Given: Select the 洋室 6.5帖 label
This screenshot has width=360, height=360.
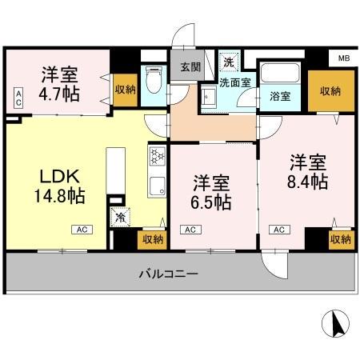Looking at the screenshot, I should pyautogui.click(x=212, y=192).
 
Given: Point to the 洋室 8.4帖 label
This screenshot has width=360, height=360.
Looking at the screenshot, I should pyautogui.click(x=308, y=170).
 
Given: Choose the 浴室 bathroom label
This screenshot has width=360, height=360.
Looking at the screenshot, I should pyautogui.click(x=280, y=97).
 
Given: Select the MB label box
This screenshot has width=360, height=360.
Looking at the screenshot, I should pyautogui.click(x=343, y=58).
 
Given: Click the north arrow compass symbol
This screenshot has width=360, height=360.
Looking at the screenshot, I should pyautogui.click(x=336, y=325).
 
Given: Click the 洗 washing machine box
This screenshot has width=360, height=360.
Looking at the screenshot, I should pyautogui.click(x=229, y=61).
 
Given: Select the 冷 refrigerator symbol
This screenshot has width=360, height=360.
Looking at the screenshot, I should pyautogui.click(x=121, y=215).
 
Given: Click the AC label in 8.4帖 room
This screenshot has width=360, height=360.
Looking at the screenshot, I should pyautogui.click(x=280, y=230).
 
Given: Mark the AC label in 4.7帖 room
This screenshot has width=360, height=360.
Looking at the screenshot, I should pyautogui.click(x=18, y=99).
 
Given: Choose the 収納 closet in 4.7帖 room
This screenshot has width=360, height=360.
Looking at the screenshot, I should pyautogui.click(x=124, y=89).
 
